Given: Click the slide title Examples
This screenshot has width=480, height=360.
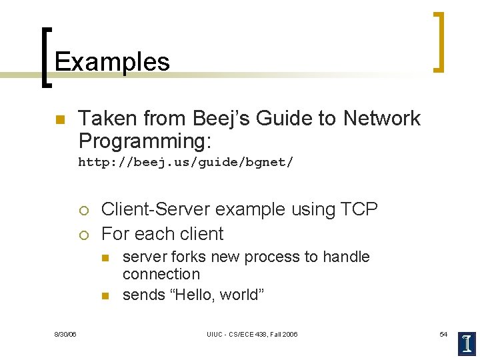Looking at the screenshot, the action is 112,62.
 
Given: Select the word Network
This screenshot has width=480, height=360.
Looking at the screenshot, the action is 382,119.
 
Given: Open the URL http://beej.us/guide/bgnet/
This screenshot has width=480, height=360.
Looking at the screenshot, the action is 185,162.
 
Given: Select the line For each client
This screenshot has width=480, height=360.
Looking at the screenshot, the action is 162,234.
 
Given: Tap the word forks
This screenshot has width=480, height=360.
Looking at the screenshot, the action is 189,257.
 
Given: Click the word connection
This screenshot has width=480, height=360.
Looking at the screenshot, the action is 161,274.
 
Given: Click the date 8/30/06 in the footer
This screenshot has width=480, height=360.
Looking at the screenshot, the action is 65,334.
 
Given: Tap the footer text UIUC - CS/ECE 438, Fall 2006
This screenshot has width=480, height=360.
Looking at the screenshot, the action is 252,334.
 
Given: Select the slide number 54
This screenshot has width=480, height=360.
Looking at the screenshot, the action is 443,334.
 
